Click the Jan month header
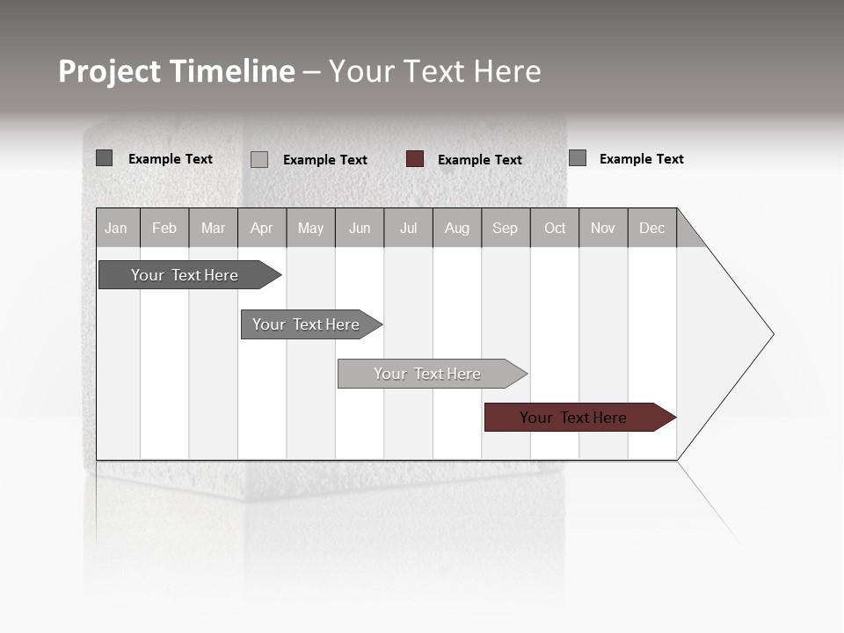[x=117, y=228]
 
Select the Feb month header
[x=164, y=228]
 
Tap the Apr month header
[x=262, y=228]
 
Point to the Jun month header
[x=360, y=228]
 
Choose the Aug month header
[x=457, y=228]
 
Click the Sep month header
[x=506, y=228]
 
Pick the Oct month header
[x=555, y=228]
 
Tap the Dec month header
[x=652, y=228]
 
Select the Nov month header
[x=603, y=228]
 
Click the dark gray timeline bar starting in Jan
[x=185, y=275]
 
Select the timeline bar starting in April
[x=306, y=324]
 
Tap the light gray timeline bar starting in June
[x=427, y=374]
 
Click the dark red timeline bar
[x=573, y=418]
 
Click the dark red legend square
[x=415, y=159]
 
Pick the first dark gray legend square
[x=105, y=158]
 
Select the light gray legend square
[x=259, y=159]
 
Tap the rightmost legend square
[x=578, y=158]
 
